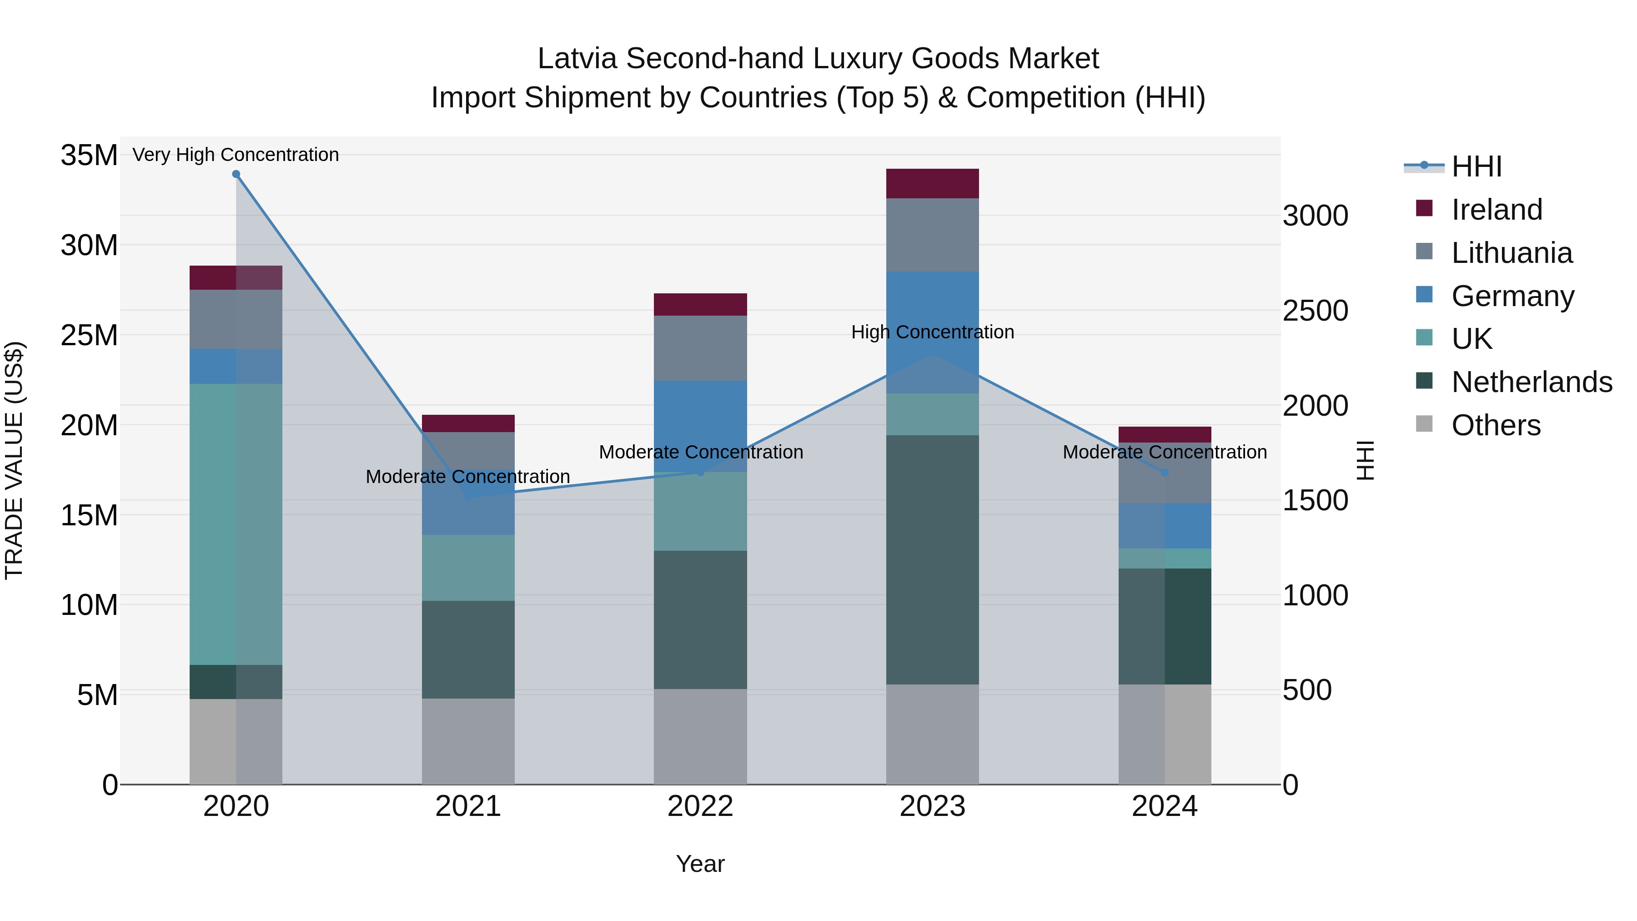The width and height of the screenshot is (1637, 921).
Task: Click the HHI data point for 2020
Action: click(236, 174)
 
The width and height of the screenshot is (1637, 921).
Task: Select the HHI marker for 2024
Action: click(1165, 472)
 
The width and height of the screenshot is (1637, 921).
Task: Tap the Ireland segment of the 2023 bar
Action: click(932, 184)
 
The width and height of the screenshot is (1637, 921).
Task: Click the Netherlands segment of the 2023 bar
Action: click(932, 559)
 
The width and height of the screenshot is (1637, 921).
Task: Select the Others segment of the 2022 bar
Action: click(700, 737)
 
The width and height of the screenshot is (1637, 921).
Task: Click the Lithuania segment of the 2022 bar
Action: click(700, 348)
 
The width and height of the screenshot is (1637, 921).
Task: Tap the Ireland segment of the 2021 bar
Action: click(468, 423)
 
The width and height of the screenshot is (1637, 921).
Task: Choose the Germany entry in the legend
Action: click(1512, 296)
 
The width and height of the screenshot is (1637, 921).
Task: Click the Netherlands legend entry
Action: click(1532, 382)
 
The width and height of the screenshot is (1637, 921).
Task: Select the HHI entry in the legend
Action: click(1476, 166)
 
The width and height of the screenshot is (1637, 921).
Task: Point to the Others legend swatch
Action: click(1424, 424)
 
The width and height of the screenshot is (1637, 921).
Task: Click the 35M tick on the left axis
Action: click(89, 155)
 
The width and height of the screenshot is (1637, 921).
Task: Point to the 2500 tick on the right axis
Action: click(1315, 311)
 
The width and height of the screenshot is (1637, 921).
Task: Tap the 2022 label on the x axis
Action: click(700, 806)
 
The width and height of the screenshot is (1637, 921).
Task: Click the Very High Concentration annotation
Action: click(236, 155)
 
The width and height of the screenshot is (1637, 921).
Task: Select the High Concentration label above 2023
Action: click(932, 332)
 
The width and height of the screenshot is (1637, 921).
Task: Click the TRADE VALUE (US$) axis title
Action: click(14, 460)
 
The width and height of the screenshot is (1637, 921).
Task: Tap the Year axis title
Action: click(700, 864)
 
